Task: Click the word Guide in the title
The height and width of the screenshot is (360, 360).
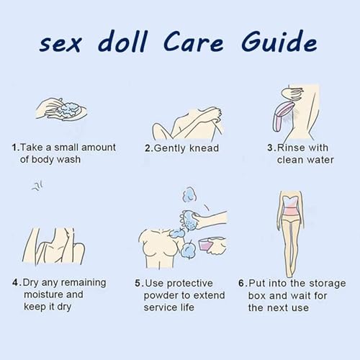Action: [279, 41]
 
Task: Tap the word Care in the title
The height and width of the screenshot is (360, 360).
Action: [193, 42]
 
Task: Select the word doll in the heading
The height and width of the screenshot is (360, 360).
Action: [122, 41]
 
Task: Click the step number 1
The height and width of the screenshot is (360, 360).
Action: [15, 148]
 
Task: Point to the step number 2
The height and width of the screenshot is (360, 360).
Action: [148, 148]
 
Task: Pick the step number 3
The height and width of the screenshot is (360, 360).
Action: [271, 148]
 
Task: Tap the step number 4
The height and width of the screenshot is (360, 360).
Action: [15, 282]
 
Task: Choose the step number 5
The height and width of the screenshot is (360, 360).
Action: [138, 283]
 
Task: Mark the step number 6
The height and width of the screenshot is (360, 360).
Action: [241, 283]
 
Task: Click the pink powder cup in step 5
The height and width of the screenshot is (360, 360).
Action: [205, 246]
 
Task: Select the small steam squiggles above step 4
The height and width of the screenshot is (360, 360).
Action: [37, 186]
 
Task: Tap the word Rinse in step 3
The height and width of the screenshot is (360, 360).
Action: [290, 148]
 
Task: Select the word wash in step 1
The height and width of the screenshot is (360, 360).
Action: [69, 159]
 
